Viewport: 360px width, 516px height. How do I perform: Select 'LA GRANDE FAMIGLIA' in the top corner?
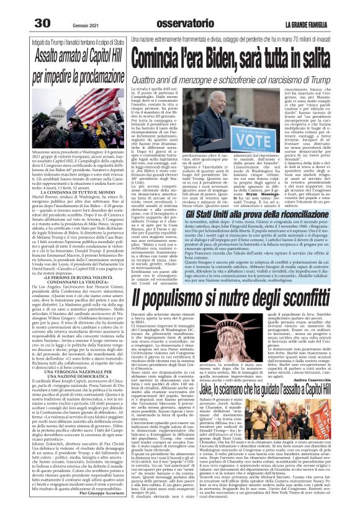pos(327,7)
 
